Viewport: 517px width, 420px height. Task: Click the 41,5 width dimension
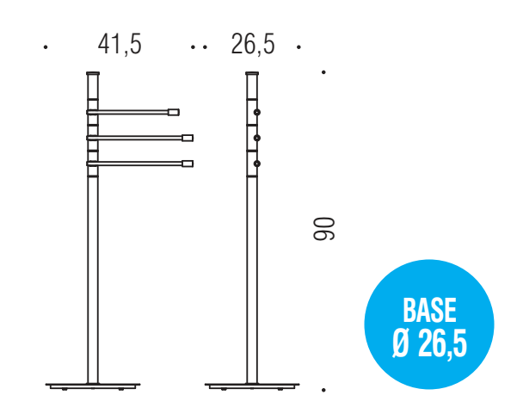pyautogui.click(x=120, y=45)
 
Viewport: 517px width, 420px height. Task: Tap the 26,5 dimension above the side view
pyautogui.click(x=253, y=45)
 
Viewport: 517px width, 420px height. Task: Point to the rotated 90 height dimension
pyautogui.click(x=323, y=229)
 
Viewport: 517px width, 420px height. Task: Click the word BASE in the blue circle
pyautogui.click(x=429, y=310)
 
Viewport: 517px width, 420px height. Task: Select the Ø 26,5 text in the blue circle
pyautogui.click(x=429, y=344)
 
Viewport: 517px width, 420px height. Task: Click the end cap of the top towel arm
pyautogui.click(x=174, y=112)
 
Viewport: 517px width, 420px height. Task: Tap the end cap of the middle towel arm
pyautogui.click(x=188, y=138)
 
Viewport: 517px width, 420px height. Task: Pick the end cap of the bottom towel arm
pyautogui.click(x=188, y=164)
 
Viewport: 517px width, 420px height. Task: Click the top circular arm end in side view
pyautogui.click(x=257, y=113)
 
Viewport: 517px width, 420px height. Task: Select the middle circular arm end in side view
pyautogui.click(x=257, y=138)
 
